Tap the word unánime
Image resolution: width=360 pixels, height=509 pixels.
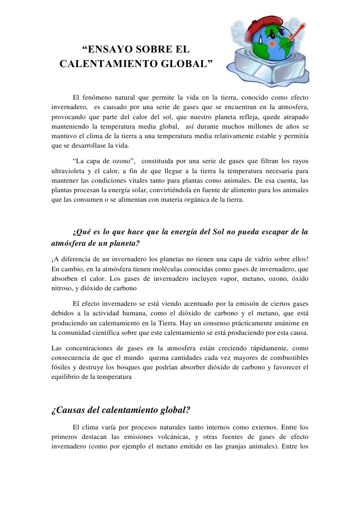286,323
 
